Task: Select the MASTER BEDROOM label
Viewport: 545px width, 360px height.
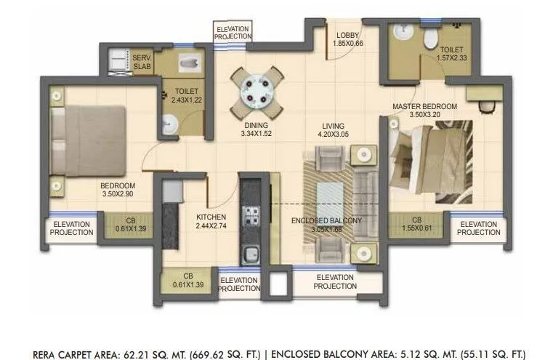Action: point(424,106)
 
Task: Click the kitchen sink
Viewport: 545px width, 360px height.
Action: point(251,255)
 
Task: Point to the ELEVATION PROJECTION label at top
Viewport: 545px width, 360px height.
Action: point(233,33)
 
